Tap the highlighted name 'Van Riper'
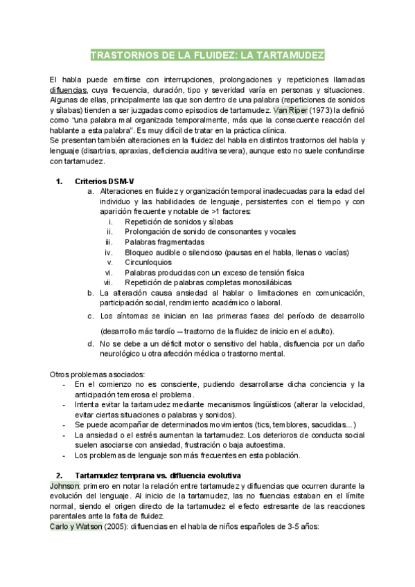tap(290, 110)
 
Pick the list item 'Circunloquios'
tap(149, 262)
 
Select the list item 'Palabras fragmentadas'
tap(164, 242)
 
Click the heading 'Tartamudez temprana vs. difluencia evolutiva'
tap(157, 476)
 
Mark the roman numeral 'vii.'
tap(107, 282)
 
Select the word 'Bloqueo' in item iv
tap(140, 253)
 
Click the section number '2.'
tap(59, 476)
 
